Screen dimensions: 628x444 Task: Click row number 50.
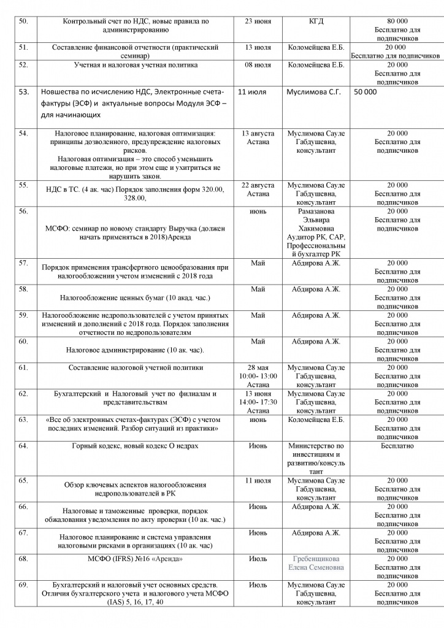25,21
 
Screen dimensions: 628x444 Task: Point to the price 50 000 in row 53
366,91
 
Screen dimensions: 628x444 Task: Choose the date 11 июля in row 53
252,91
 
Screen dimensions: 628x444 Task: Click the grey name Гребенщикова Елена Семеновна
317,563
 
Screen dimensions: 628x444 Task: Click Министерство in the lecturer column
316,445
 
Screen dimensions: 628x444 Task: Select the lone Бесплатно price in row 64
397,445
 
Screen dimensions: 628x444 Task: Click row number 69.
25,586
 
